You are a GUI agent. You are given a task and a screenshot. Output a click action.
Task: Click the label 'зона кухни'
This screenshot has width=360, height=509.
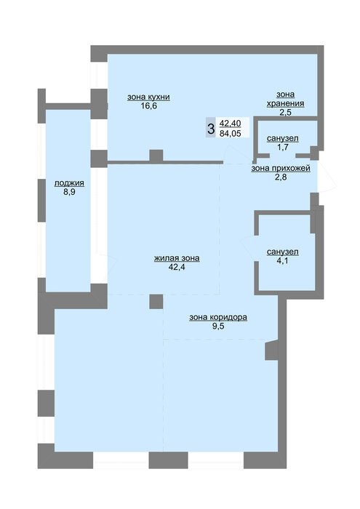148,97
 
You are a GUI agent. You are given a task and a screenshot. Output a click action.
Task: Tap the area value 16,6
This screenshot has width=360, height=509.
148,106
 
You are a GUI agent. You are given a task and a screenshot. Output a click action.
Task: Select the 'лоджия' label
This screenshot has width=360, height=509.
69,183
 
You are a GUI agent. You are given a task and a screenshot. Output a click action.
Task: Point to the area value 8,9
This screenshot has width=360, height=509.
69,192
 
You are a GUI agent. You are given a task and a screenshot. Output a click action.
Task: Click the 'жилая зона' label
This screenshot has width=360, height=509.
177,258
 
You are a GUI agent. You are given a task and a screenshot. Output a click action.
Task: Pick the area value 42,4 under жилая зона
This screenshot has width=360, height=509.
177,267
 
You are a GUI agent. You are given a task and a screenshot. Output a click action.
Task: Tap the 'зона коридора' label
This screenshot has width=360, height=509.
218,317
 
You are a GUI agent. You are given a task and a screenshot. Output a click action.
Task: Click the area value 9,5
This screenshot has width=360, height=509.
218,326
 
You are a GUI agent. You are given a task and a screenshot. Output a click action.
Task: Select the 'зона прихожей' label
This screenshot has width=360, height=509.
281,169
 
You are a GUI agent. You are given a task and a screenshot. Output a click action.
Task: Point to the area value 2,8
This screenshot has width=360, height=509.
281,177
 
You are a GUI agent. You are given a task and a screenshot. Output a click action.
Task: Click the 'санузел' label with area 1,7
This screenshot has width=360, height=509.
283,139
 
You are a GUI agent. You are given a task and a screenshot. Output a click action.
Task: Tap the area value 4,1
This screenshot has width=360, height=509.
282,260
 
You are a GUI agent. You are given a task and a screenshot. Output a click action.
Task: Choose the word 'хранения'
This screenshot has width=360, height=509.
285,103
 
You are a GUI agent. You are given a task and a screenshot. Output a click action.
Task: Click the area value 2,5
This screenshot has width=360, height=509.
285,112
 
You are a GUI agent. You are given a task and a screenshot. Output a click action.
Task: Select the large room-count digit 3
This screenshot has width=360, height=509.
211,129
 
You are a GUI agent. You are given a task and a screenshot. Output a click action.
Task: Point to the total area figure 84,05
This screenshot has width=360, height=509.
230,133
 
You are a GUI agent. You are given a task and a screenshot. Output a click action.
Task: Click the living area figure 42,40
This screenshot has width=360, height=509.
230,124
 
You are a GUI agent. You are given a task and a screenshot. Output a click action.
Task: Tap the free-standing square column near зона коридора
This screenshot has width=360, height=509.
156,302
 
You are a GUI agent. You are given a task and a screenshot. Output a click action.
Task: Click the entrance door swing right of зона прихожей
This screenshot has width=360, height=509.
327,177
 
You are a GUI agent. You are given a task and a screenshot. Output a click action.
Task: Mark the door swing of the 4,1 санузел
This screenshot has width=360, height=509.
249,249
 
